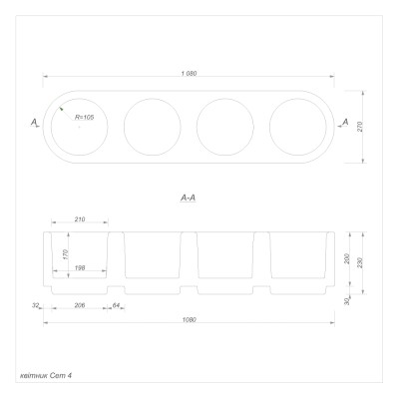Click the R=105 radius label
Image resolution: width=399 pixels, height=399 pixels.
[85, 118]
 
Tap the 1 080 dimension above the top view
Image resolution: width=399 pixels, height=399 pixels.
[189, 74]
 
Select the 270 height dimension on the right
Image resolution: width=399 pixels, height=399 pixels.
[360, 127]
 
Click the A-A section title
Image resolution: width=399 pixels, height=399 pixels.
[189, 199]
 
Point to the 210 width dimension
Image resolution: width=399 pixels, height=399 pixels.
[80, 219]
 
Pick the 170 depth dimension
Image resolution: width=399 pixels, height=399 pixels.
[66, 254]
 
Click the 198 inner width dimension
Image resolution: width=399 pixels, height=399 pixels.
[80, 267]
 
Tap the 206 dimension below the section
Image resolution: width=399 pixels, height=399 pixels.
[80, 305]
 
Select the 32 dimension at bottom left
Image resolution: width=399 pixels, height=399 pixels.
[36, 305]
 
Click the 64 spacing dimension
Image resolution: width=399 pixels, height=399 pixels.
[116, 305]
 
